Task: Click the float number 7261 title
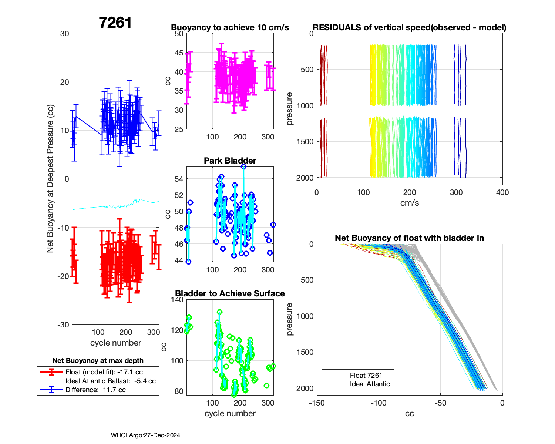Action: [x=115, y=23]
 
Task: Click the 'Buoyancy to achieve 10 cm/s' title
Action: [x=230, y=28]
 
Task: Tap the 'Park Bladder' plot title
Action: [x=230, y=161]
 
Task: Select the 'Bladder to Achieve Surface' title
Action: [x=230, y=294]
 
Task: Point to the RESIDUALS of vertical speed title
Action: [x=409, y=28]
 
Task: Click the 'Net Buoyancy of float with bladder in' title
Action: [x=409, y=238]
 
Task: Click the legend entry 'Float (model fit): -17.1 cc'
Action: [x=104, y=372]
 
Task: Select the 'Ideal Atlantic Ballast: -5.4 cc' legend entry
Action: [x=110, y=381]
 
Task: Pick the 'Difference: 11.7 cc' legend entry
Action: [x=95, y=390]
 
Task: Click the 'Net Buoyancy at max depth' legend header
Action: [x=98, y=361]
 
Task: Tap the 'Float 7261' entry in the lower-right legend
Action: [x=366, y=376]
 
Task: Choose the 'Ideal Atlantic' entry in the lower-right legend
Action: [x=370, y=384]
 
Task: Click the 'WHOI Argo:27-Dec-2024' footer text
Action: [x=145, y=435]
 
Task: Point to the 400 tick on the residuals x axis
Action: [x=502, y=192]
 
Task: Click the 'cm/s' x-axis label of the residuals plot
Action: [x=409, y=203]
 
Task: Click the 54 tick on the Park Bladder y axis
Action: [x=179, y=179]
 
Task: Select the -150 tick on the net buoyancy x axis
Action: [x=317, y=403]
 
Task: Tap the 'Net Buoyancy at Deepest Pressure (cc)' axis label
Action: [x=50, y=179]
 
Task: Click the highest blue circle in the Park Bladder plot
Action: [x=243, y=167]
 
